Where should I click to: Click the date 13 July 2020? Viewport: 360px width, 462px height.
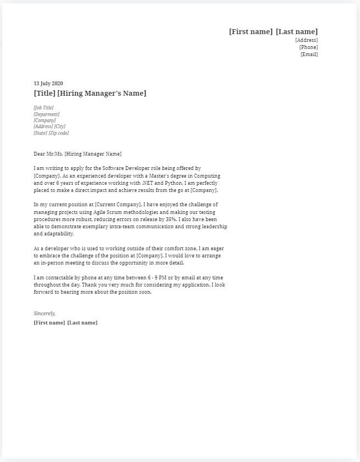tap(48, 84)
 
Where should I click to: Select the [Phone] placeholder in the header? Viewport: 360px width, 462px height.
tap(308, 47)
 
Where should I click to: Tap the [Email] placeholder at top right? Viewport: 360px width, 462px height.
tap(309, 54)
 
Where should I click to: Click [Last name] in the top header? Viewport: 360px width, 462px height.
tap(297, 32)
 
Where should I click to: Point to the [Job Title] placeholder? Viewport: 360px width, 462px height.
tap(43, 108)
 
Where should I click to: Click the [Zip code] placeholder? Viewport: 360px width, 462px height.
tap(59, 133)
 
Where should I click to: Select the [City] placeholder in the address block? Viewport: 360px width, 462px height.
tap(59, 127)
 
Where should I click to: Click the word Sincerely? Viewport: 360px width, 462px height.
tap(45, 313)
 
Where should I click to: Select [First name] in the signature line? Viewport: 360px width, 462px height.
tap(49, 322)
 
